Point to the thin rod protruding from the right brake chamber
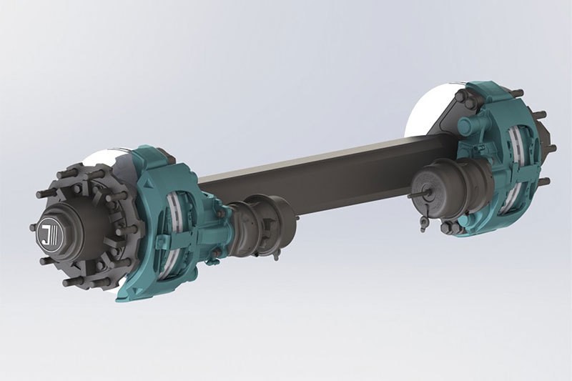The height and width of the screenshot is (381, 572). (414, 194)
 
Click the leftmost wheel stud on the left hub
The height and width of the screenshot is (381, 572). (34, 227)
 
